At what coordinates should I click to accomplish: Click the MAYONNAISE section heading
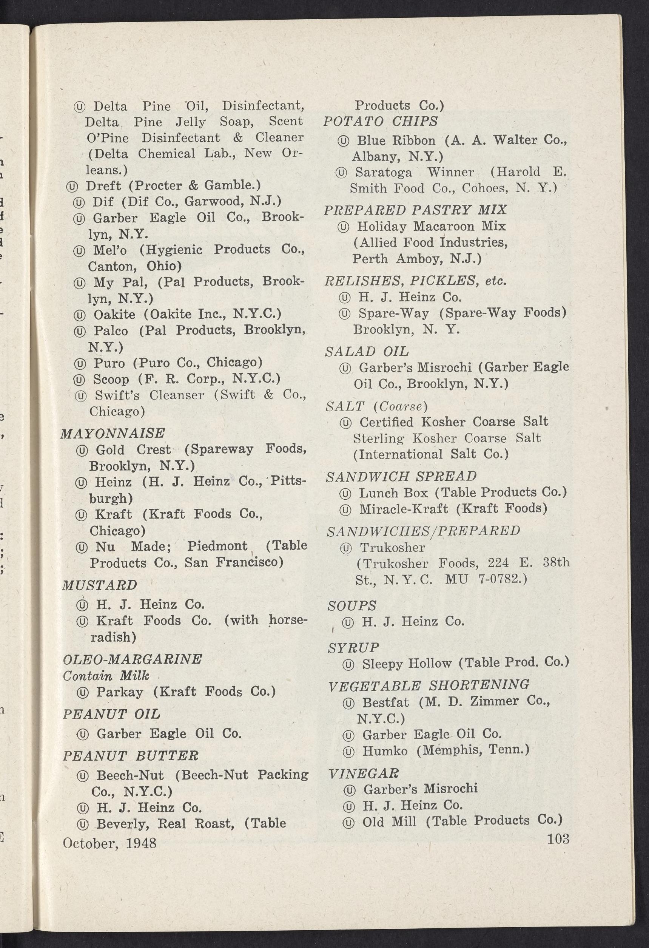[x=113, y=433]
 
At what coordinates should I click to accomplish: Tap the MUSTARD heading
[x=99, y=585]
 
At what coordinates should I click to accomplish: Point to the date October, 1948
[x=109, y=843]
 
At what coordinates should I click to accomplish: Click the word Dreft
[x=103, y=185]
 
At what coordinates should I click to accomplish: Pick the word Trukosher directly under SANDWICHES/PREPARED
[x=392, y=547]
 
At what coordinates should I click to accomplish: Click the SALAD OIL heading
[x=367, y=351]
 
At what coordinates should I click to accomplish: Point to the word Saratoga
[x=383, y=173]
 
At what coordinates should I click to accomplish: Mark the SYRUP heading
[x=353, y=647]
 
